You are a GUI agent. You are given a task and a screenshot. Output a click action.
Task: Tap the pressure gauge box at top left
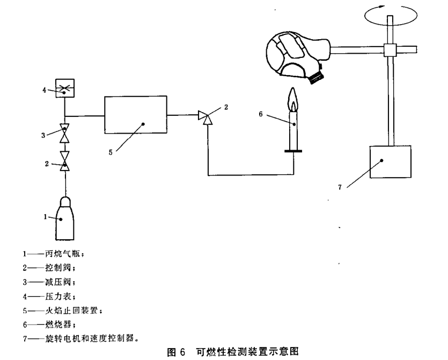coord(64,88)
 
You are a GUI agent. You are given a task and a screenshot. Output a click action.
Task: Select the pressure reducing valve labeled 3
coord(65,133)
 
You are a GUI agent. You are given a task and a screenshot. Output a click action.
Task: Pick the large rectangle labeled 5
coord(136,114)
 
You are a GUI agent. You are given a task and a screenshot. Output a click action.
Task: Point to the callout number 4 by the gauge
coord(44,90)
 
